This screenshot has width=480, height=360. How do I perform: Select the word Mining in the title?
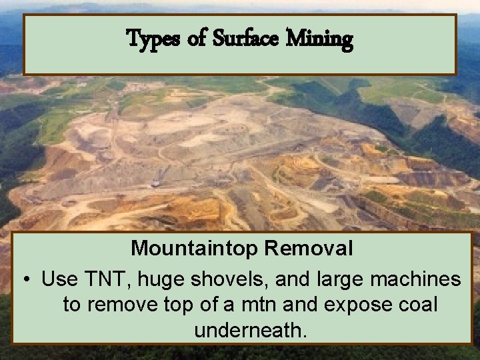pyautogui.click(x=319, y=40)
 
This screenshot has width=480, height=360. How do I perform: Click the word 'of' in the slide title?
pyautogui.click(x=197, y=40)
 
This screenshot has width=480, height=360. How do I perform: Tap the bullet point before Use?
pyautogui.click(x=25, y=279)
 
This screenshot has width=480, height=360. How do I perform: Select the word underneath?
pyautogui.click(x=251, y=330)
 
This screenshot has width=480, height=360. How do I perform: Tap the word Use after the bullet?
pyautogui.click(x=58, y=279)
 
